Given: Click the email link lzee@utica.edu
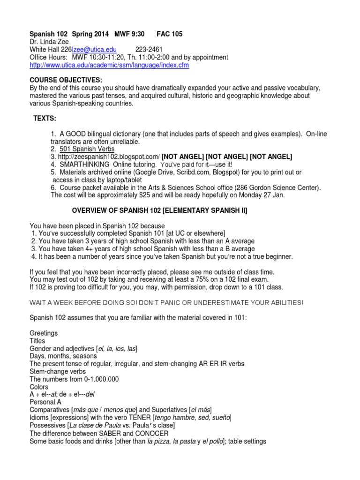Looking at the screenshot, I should [x=94, y=50].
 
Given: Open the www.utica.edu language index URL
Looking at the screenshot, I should [x=109, y=65].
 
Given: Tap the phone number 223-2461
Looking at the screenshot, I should [x=150, y=50].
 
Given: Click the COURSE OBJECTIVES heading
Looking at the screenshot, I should [x=66, y=80].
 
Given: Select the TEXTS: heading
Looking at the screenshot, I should [x=45, y=119].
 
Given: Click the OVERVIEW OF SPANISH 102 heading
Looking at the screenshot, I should [x=159, y=211].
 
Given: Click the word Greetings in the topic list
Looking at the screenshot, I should [x=44, y=333].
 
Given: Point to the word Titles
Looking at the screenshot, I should [x=37, y=341].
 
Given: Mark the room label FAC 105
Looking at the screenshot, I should [x=170, y=34].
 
